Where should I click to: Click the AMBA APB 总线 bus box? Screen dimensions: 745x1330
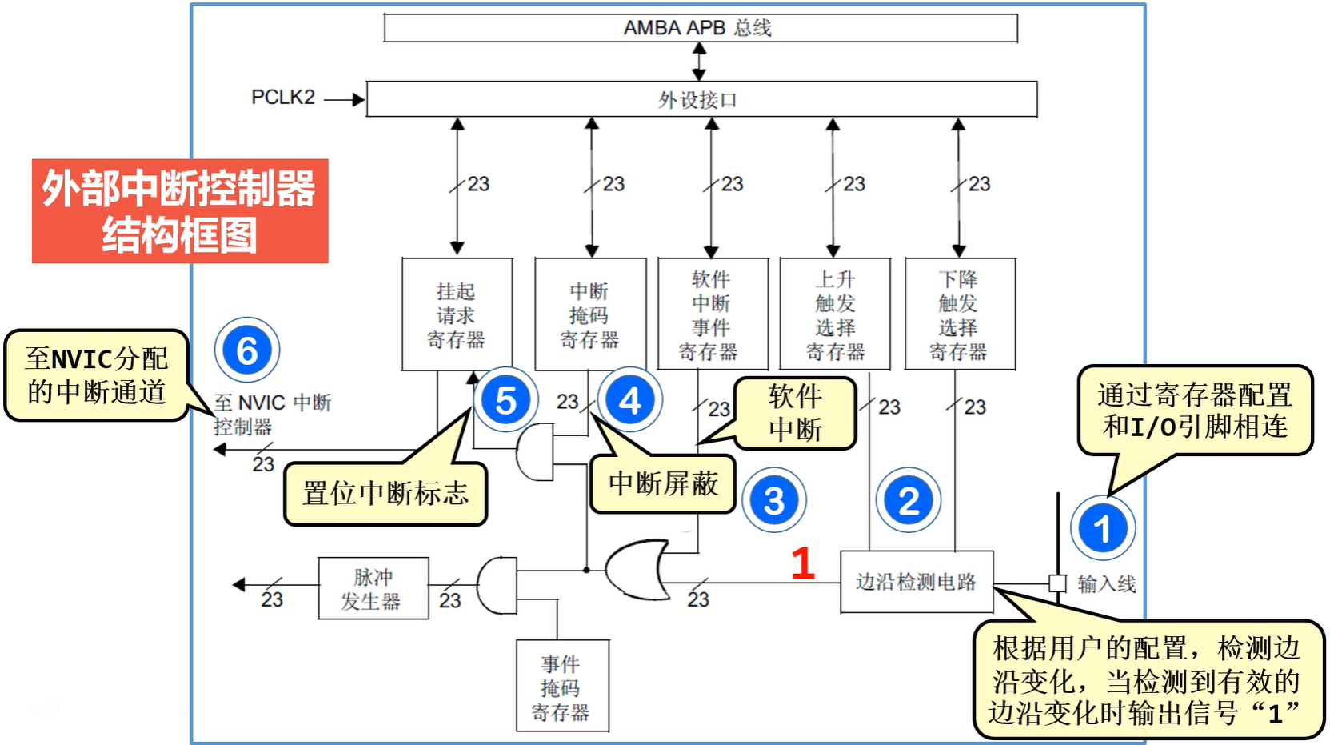pos(700,28)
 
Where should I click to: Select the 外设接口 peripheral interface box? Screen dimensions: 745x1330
pos(701,99)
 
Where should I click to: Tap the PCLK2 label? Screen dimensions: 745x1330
pos(282,98)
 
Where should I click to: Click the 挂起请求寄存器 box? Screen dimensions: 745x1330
pos(457,314)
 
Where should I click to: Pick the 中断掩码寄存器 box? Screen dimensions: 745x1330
pos(590,314)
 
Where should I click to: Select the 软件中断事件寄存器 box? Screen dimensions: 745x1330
pos(713,314)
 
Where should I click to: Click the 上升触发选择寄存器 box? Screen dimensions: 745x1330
pos(835,314)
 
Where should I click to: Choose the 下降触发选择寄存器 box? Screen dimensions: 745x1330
pos(959,314)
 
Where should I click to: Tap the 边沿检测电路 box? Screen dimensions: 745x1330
pos(917,582)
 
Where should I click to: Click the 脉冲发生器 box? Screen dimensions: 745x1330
pos(373,588)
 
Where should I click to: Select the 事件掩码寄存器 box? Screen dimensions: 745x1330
pos(561,686)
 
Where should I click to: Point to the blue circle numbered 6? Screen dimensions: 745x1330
pos(247,350)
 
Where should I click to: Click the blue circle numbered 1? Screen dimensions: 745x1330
pos(1103,528)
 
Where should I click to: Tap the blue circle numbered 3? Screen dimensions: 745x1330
pos(773,501)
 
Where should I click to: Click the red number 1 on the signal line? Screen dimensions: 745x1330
pos(802,563)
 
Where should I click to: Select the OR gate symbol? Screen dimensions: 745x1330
pos(637,570)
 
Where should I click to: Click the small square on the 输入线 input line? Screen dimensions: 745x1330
pos(1057,583)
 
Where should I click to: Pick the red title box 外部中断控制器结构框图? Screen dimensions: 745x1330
pos(180,211)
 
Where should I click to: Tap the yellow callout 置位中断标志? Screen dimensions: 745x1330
pos(385,493)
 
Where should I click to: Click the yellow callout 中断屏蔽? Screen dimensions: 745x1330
pos(662,483)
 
